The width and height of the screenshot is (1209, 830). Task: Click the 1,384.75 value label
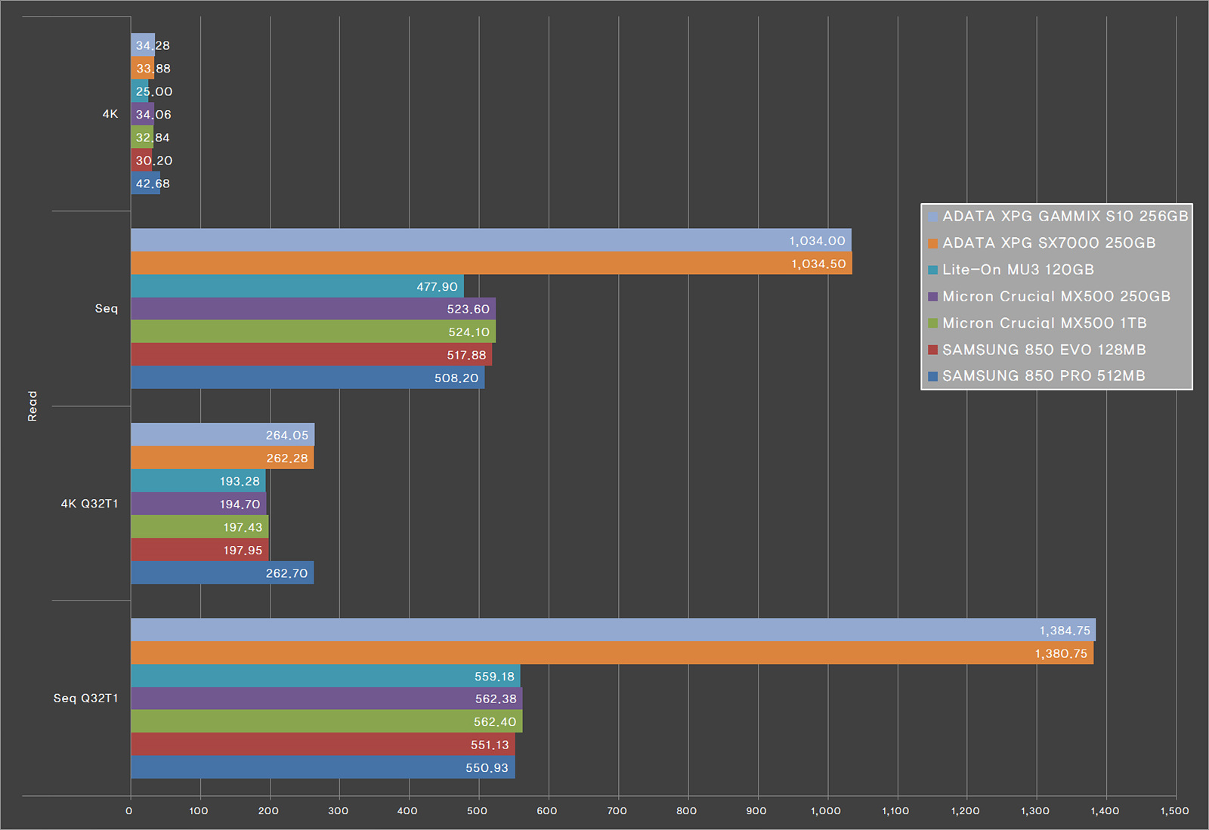pyautogui.click(x=1064, y=631)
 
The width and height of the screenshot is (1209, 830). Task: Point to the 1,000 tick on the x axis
pyautogui.click(x=825, y=811)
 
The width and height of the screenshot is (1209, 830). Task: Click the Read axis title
pyautogui.click(x=32, y=406)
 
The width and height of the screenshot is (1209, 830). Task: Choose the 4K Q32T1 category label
pyautogui.click(x=89, y=504)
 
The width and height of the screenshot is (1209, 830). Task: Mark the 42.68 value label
pyautogui.click(x=153, y=184)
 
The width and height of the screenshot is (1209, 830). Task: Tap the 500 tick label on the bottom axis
pyautogui.click(x=477, y=811)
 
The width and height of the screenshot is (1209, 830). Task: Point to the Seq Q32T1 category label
pyautogui.click(x=85, y=699)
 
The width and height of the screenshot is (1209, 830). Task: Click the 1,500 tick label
pyautogui.click(x=1174, y=811)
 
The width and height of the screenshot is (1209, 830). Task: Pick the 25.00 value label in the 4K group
pyautogui.click(x=154, y=91)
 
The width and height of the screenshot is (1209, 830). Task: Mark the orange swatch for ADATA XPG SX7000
pyautogui.click(x=932, y=243)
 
